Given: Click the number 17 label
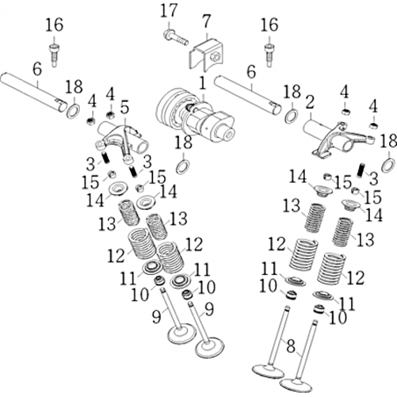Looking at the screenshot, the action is click(169, 11).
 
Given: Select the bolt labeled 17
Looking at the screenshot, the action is click(176, 37).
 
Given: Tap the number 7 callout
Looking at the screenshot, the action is click(206, 21).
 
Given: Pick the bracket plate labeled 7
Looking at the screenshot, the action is click(206, 55).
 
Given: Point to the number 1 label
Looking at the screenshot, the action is click(203, 83).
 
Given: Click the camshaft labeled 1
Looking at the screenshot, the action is click(196, 117).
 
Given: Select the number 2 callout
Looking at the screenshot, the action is click(310, 102).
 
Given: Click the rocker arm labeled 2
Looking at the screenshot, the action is click(340, 139).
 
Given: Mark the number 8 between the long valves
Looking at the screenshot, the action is click(291, 346).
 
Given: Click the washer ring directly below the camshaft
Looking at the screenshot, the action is click(183, 167).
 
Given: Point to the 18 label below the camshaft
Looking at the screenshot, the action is click(184, 142).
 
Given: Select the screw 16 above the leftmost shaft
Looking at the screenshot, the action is click(54, 54).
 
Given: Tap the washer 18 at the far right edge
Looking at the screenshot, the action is click(389, 165).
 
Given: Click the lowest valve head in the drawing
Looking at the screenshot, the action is click(296, 385).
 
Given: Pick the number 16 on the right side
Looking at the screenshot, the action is click(269, 25).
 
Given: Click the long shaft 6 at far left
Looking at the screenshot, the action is click(33, 92).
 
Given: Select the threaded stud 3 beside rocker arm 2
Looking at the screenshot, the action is click(361, 170).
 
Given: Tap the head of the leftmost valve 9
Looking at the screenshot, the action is click(182, 334).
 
